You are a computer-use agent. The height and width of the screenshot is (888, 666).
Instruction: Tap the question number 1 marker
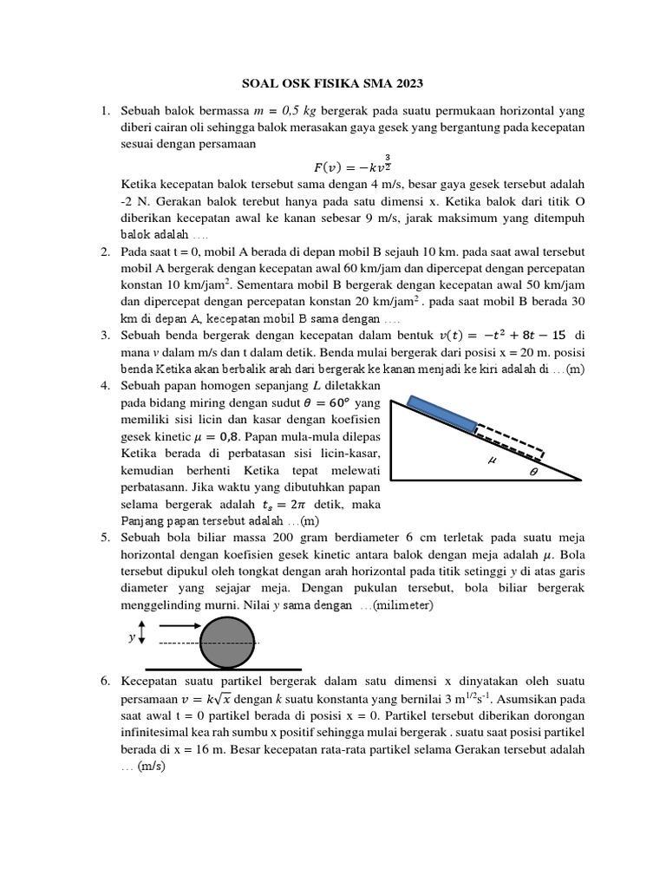coord(104,111)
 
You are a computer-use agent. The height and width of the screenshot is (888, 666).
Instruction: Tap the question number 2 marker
coord(104,251)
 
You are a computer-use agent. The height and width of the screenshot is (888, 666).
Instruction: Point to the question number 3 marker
coord(104,335)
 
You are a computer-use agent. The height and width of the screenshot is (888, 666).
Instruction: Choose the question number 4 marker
coord(104,383)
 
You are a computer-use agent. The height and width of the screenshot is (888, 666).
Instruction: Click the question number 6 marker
coord(104,682)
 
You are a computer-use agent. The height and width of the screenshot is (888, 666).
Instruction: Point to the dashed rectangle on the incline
coord(510,441)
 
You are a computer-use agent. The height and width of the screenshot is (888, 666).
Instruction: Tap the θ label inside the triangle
coord(533,472)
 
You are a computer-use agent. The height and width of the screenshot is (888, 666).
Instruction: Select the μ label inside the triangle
coord(493,460)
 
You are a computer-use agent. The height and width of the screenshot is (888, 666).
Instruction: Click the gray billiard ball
coord(228,643)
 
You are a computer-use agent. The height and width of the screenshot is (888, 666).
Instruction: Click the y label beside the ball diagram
coord(132,637)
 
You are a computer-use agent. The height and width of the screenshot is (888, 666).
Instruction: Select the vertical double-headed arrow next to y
coord(143,637)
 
